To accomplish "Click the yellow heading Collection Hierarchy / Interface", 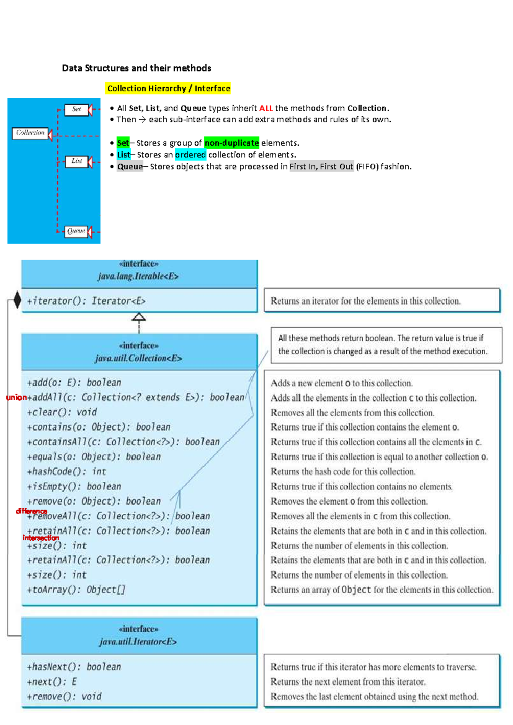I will point(168,88).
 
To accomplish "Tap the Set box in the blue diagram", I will point(77,109).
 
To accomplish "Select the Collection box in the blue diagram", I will point(30,133).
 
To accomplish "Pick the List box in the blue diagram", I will point(77,161).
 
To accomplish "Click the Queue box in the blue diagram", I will point(76,231).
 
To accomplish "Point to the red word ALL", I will point(265,109).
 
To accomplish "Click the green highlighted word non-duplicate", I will point(231,143).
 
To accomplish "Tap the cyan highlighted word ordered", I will point(190,155).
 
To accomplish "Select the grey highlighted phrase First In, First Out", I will point(321,167).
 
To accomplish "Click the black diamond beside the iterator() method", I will point(17,300).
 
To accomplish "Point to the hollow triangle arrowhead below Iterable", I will point(139,317).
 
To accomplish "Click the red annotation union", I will point(16,398).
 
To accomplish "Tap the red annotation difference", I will point(31,511).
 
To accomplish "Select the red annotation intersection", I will point(41,538).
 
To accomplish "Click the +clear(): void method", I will point(62,412).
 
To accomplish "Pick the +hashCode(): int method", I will point(67,472).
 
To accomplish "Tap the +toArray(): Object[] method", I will point(76,590).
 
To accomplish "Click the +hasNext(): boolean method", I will point(74,667).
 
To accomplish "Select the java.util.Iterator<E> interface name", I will point(138,642).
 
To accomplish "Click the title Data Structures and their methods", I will point(136,68).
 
